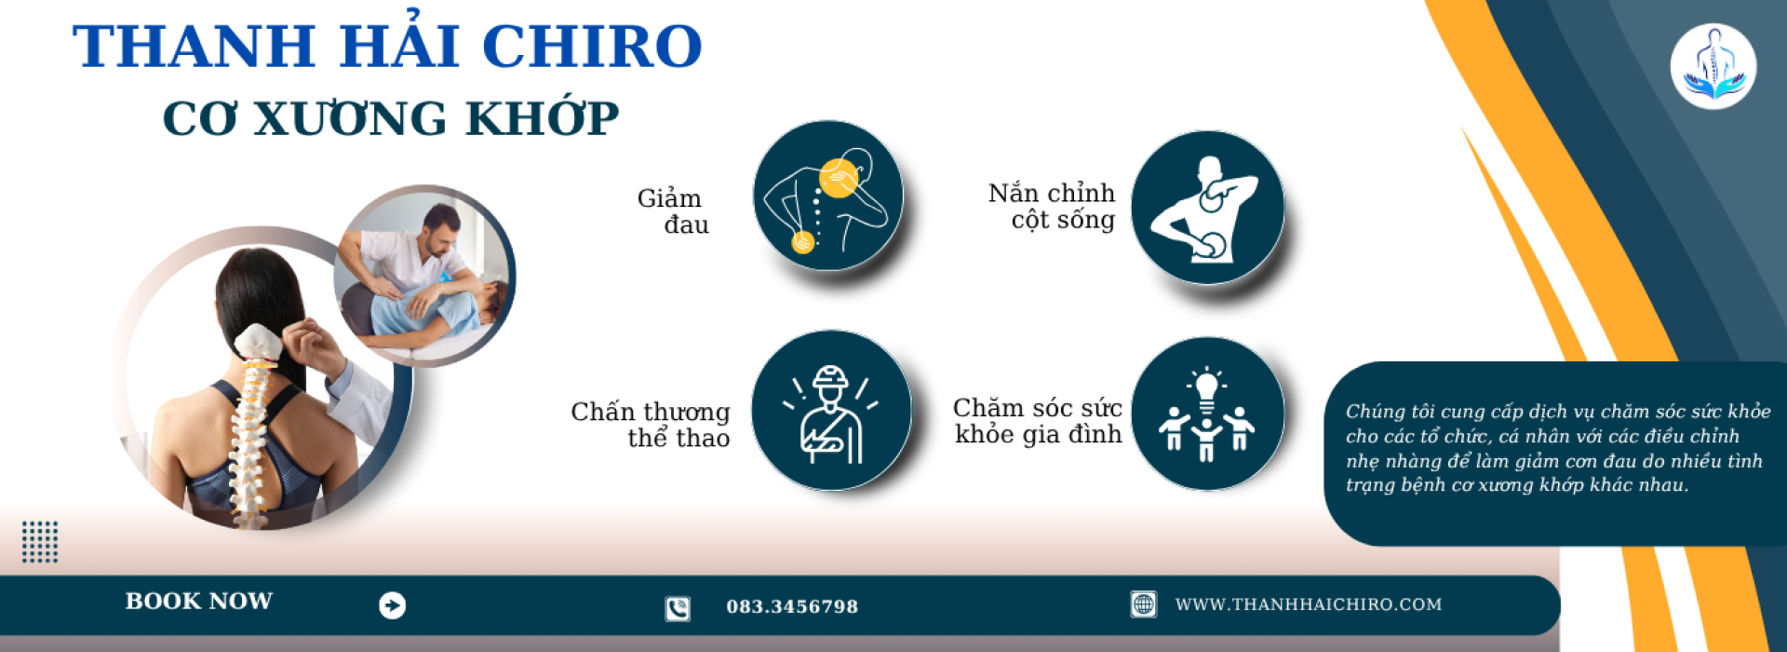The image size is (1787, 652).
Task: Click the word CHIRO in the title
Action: (x=592, y=47)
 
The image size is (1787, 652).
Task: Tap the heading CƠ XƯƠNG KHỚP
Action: (x=391, y=118)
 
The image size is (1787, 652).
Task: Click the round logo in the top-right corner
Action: (x=1713, y=66)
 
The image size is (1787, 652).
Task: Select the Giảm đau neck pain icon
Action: (x=827, y=196)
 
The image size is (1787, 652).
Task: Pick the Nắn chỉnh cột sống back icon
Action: (x=1207, y=208)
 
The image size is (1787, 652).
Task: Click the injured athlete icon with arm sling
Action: (x=830, y=411)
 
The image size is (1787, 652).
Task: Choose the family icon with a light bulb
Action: (x=1207, y=414)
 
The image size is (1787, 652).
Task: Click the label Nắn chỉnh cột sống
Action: (x=1053, y=206)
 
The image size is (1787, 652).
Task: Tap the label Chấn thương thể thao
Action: (x=652, y=425)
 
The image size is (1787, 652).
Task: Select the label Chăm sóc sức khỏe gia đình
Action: (x=1038, y=421)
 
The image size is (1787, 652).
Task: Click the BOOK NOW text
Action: (x=199, y=602)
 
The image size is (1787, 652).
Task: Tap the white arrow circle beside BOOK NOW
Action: (x=393, y=605)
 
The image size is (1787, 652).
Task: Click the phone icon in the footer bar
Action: (x=678, y=608)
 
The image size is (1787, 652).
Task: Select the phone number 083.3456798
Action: (x=792, y=607)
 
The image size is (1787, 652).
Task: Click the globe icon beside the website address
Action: (x=1144, y=604)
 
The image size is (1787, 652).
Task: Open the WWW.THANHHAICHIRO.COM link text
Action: (x=1309, y=604)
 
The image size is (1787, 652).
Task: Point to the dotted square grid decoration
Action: (x=40, y=542)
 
